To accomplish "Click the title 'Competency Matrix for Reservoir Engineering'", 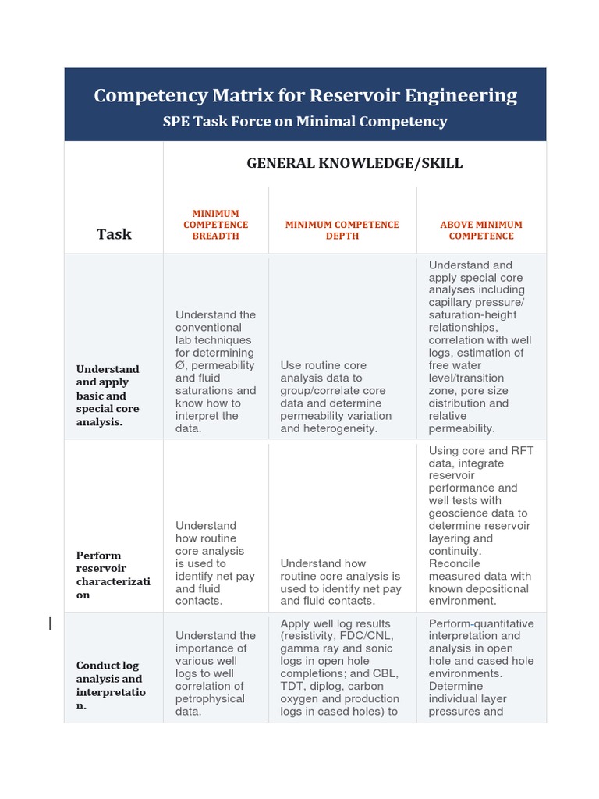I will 305,95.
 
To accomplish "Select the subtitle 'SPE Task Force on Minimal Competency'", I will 305,122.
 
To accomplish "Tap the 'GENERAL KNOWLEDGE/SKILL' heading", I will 355,163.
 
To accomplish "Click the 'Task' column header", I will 114,234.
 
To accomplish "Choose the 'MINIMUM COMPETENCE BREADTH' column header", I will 216,225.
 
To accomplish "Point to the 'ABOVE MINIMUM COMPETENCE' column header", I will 481,230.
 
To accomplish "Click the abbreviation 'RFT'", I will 518,450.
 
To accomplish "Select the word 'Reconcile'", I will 455,563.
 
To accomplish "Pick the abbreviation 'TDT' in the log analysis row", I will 292,686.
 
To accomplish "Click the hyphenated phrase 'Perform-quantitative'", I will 481,623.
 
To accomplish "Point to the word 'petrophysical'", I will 210,698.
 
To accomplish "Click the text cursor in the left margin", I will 51,623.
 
